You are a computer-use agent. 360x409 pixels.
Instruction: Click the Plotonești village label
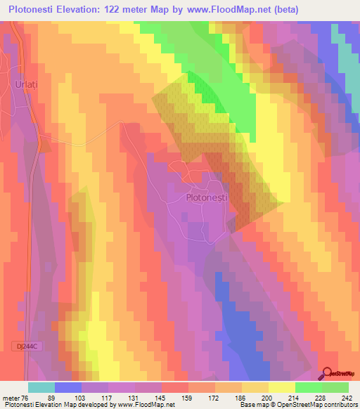tap(206, 199)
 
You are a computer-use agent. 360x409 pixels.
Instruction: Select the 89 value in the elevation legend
tap(68, 398)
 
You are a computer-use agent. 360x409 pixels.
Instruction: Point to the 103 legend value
tap(96, 398)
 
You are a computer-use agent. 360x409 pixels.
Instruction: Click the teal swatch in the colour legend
tap(41, 387)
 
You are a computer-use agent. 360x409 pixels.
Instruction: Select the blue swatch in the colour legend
tap(68, 387)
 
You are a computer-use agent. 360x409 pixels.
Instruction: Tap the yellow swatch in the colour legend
tap(281, 387)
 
